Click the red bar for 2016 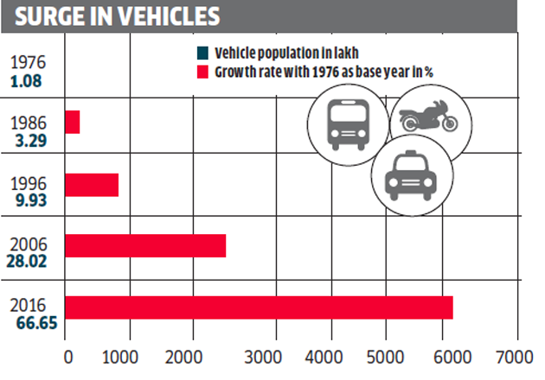click(259, 307)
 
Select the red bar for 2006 click(145, 245)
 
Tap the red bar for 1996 click(92, 185)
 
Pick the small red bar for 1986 click(73, 123)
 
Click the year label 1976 click(31, 63)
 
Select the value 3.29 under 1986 click(31, 139)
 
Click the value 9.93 click(31, 201)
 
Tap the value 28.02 click(31, 263)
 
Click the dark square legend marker click(201, 53)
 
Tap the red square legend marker click(201, 71)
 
